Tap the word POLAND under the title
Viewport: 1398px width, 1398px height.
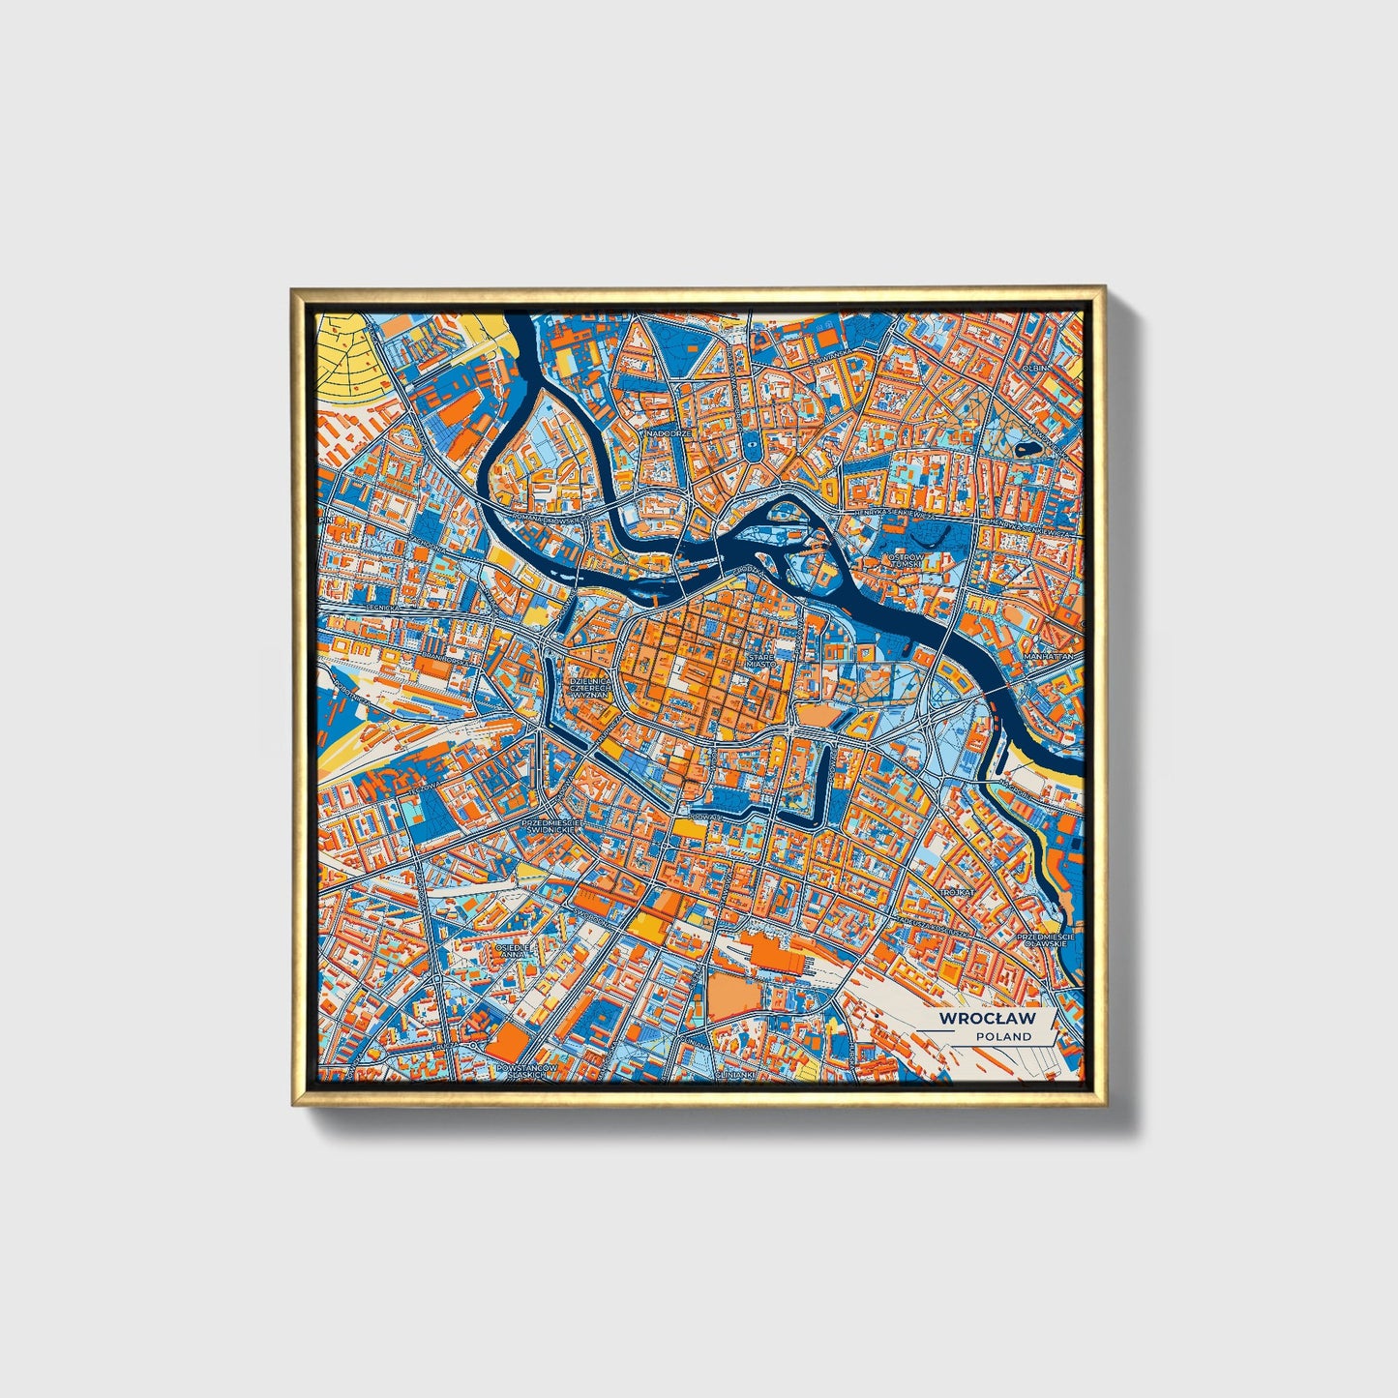click(1003, 1036)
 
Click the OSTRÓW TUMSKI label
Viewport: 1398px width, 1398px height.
click(907, 562)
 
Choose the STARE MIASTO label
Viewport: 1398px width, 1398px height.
click(759, 660)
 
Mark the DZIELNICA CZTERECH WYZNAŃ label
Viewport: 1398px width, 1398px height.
click(587, 681)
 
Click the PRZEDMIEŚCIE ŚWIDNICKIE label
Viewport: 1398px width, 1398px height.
click(549, 826)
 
